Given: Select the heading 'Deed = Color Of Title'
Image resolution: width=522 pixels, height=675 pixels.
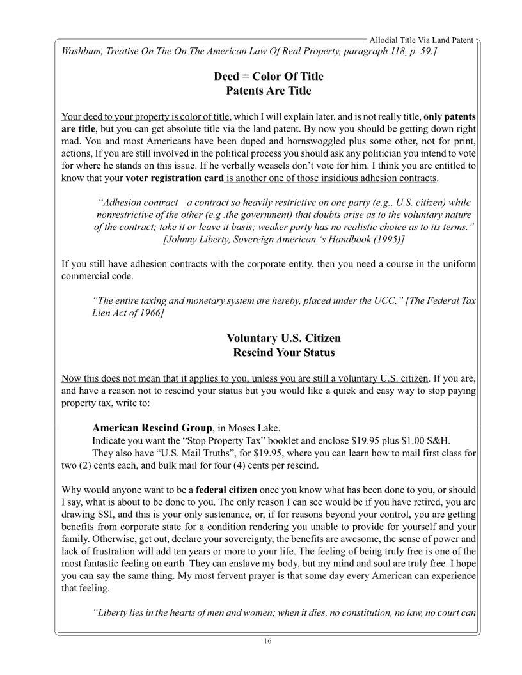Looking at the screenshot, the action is click(x=269, y=76).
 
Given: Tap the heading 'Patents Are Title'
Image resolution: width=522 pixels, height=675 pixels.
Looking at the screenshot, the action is click(x=269, y=91).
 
